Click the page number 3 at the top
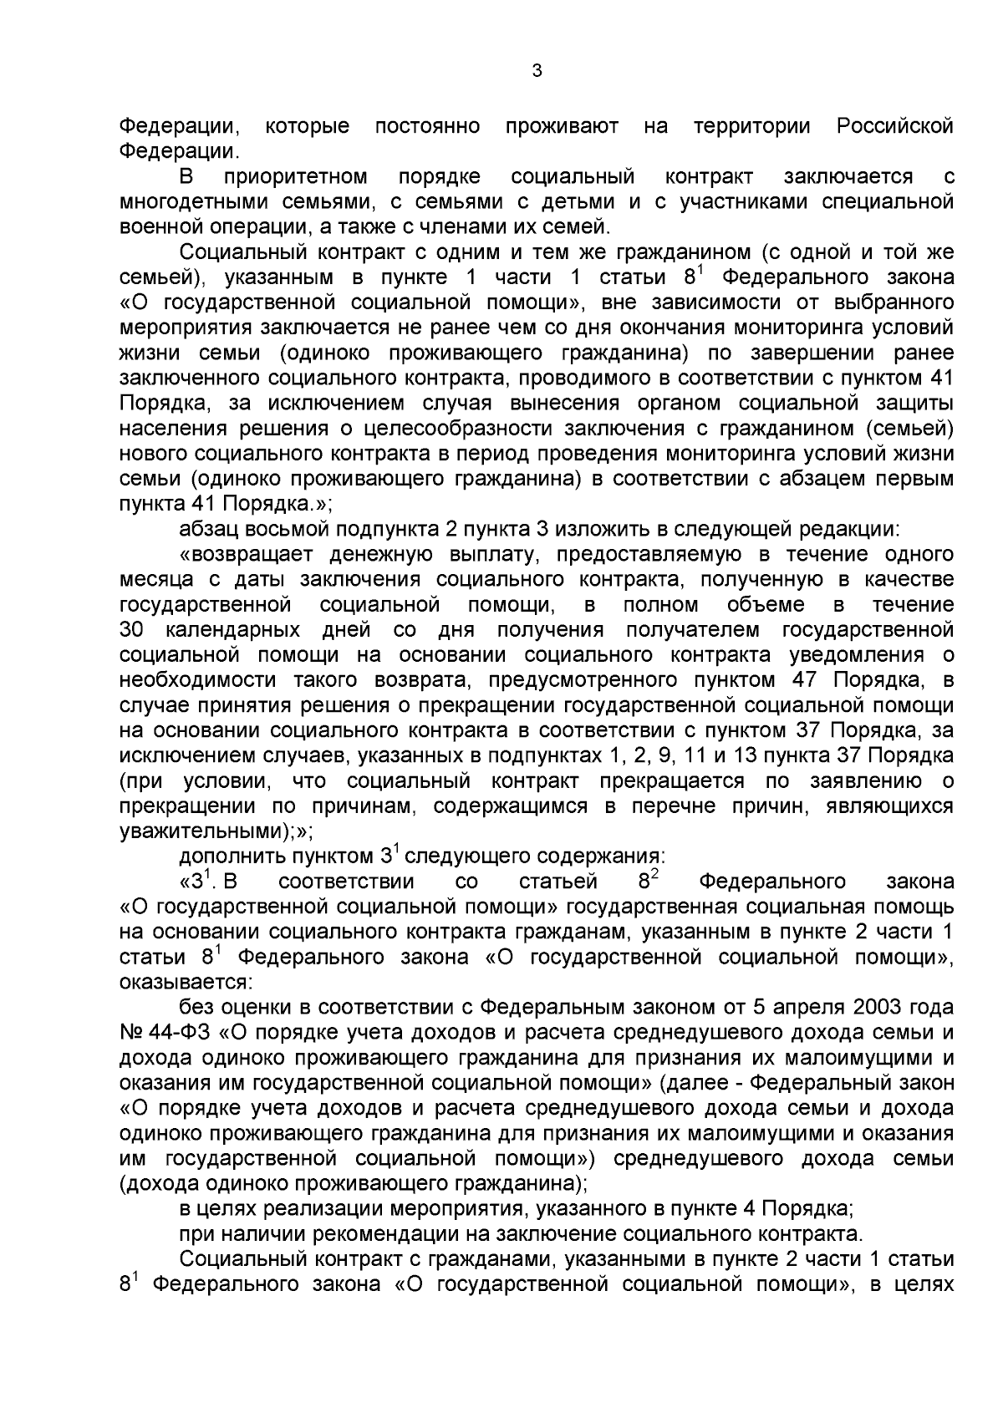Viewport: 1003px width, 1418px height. [537, 72]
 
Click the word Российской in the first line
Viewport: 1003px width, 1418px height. [894, 127]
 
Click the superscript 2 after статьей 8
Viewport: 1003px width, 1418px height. [655, 875]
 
